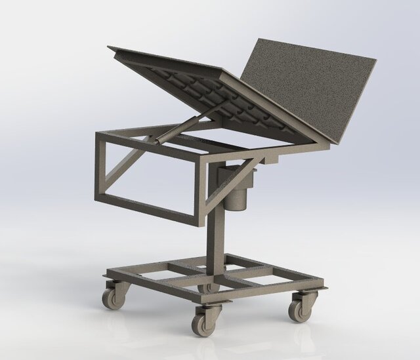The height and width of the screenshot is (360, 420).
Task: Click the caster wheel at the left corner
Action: point(112,299)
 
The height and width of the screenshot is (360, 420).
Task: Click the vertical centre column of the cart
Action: point(215,236)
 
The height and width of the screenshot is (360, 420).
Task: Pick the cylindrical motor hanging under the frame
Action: point(236,190)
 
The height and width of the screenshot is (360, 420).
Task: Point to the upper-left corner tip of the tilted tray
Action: point(110,48)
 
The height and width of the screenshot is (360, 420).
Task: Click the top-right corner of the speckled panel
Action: point(374,60)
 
